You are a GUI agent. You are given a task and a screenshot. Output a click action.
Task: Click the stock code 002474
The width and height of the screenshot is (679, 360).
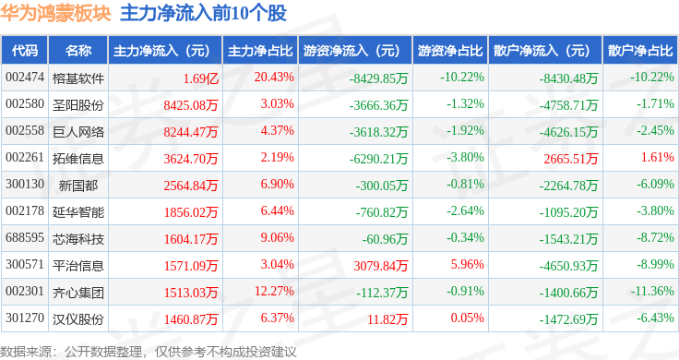(x=25, y=78)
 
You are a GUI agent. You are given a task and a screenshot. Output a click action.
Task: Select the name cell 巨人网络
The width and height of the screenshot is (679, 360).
(x=78, y=132)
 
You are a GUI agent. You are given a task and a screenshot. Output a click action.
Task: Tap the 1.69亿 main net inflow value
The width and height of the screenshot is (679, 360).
(x=200, y=78)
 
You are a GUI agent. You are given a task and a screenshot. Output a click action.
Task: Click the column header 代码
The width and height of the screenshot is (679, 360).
(x=25, y=51)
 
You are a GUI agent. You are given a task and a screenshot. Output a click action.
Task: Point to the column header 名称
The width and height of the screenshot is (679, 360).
(x=78, y=51)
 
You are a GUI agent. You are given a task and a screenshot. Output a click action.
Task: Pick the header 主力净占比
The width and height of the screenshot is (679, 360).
(x=260, y=51)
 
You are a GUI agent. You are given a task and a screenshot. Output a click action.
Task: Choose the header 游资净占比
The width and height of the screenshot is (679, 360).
(x=450, y=51)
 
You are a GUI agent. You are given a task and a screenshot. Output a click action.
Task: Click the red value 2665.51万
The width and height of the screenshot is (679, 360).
(x=571, y=159)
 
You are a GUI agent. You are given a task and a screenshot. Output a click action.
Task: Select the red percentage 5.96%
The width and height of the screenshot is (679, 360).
(x=467, y=264)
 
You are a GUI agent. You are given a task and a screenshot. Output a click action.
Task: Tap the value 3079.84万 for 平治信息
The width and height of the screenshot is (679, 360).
(x=381, y=266)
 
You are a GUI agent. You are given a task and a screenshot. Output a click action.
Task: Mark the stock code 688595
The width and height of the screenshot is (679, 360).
(x=25, y=238)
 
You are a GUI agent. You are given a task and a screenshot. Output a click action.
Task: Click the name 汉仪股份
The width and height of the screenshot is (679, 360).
(x=78, y=319)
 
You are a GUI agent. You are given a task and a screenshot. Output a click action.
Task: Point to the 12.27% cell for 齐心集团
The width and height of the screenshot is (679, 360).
(x=274, y=291)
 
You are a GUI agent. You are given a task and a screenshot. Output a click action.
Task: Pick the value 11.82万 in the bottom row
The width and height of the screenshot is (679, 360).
(x=387, y=319)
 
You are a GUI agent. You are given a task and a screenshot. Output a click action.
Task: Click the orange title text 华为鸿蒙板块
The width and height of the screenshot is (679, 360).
(x=55, y=13)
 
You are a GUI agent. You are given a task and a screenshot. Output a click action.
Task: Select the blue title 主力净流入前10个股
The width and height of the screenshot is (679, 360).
(x=203, y=13)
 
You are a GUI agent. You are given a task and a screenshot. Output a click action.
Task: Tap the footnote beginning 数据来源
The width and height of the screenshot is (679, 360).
(x=149, y=352)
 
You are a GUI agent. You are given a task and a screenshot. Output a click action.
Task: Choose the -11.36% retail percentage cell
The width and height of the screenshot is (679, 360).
(x=652, y=291)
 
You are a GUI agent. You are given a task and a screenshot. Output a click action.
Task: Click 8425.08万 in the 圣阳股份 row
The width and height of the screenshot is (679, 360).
(x=191, y=105)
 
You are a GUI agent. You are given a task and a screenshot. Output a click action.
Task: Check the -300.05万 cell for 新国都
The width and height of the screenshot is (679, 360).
(x=382, y=186)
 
